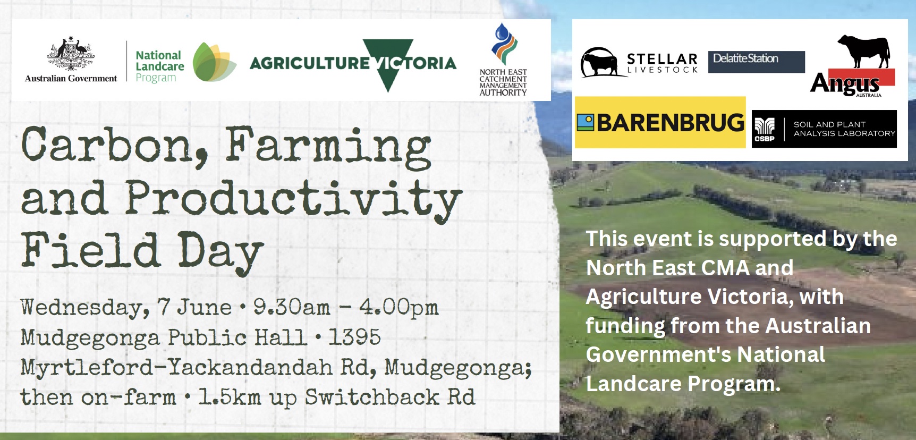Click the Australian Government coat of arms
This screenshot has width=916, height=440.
point(71,54)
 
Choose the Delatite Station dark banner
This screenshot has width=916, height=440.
point(757,62)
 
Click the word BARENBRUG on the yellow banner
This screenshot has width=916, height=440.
point(671,123)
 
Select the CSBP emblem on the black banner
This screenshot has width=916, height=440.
point(765,130)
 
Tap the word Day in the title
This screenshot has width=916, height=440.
point(220,252)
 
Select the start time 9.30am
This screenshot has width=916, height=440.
point(291,307)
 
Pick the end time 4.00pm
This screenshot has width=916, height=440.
point(399,308)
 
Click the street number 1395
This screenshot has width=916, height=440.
point(354,337)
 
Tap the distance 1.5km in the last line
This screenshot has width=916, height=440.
point(230,397)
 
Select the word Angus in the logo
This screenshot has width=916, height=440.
point(845,84)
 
